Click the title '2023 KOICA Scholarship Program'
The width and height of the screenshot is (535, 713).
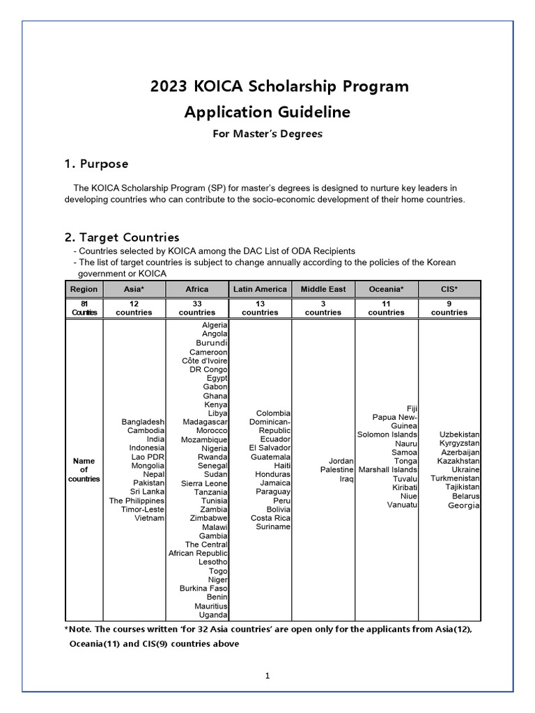click(x=279, y=87)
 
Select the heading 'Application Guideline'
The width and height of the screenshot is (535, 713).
click(x=267, y=112)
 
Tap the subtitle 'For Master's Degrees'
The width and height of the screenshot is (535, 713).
click(x=267, y=134)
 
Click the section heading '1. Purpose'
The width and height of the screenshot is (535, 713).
click(x=96, y=164)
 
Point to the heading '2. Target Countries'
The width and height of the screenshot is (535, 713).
click(x=122, y=237)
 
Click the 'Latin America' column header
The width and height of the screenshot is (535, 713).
click(x=260, y=289)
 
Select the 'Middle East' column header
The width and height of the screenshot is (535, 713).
click(x=323, y=289)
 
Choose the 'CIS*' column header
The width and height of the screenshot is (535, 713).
click(x=449, y=289)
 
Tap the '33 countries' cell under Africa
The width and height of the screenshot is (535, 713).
click(x=197, y=308)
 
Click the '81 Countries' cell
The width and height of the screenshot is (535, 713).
click(x=84, y=308)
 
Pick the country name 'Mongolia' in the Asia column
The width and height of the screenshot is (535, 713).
click(x=148, y=465)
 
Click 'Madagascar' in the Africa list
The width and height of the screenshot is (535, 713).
click(x=206, y=422)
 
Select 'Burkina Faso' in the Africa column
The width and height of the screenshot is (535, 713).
click(x=203, y=588)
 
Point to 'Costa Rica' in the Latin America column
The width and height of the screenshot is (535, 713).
click(x=271, y=518)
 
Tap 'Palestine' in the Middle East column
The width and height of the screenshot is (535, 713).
click(x=337, y=470)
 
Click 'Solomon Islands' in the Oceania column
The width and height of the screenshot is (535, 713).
click(x=387, y=434)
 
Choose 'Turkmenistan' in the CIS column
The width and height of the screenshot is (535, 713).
click(x=455, y=478)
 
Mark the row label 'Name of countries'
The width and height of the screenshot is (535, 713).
click(x=84, y=470)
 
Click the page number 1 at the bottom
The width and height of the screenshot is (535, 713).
click(x=267, y=675)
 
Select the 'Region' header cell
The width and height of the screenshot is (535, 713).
click(x=84, y=289)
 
